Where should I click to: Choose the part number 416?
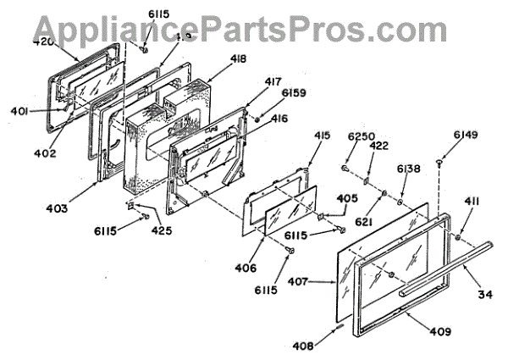(279, 119)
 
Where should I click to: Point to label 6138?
(409, 169)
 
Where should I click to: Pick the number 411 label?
(472, 201)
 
